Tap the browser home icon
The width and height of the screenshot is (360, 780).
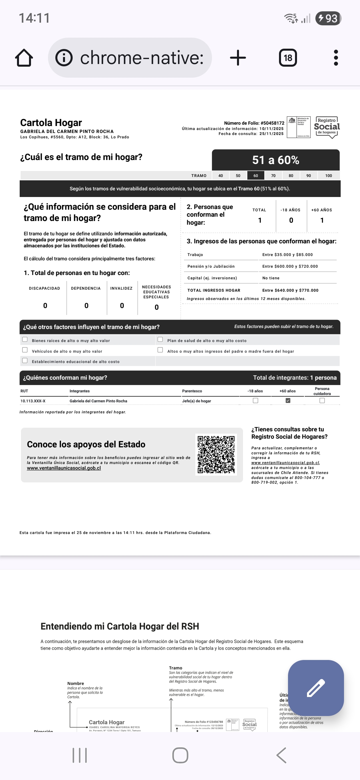[24, 58]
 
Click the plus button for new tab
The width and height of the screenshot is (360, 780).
[238, 58]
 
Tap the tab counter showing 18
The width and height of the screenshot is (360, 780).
[288, 58]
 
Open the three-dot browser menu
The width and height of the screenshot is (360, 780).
[336, 58]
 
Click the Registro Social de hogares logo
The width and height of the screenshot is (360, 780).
[327, 127]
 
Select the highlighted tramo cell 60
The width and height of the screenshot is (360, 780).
[256, 176]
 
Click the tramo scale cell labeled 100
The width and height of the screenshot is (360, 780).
[329, 176]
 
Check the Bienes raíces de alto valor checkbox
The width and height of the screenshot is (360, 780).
[25, 340]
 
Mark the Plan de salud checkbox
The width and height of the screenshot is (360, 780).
[160, 340]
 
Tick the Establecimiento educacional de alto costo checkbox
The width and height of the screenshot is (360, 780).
[25, 361]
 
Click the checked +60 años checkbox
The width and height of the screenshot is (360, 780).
[288, 401]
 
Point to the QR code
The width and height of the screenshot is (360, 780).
[216, 454]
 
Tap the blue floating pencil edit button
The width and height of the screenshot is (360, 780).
[316, 688]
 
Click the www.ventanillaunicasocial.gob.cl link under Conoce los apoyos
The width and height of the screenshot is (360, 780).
[64, 468]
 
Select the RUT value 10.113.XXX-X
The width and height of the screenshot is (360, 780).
[33, 401]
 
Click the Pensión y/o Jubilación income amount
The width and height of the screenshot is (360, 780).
[290, 266]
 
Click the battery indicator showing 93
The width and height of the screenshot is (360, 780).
[328, 18]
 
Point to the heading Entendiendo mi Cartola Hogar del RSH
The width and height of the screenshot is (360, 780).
[120, 626]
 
